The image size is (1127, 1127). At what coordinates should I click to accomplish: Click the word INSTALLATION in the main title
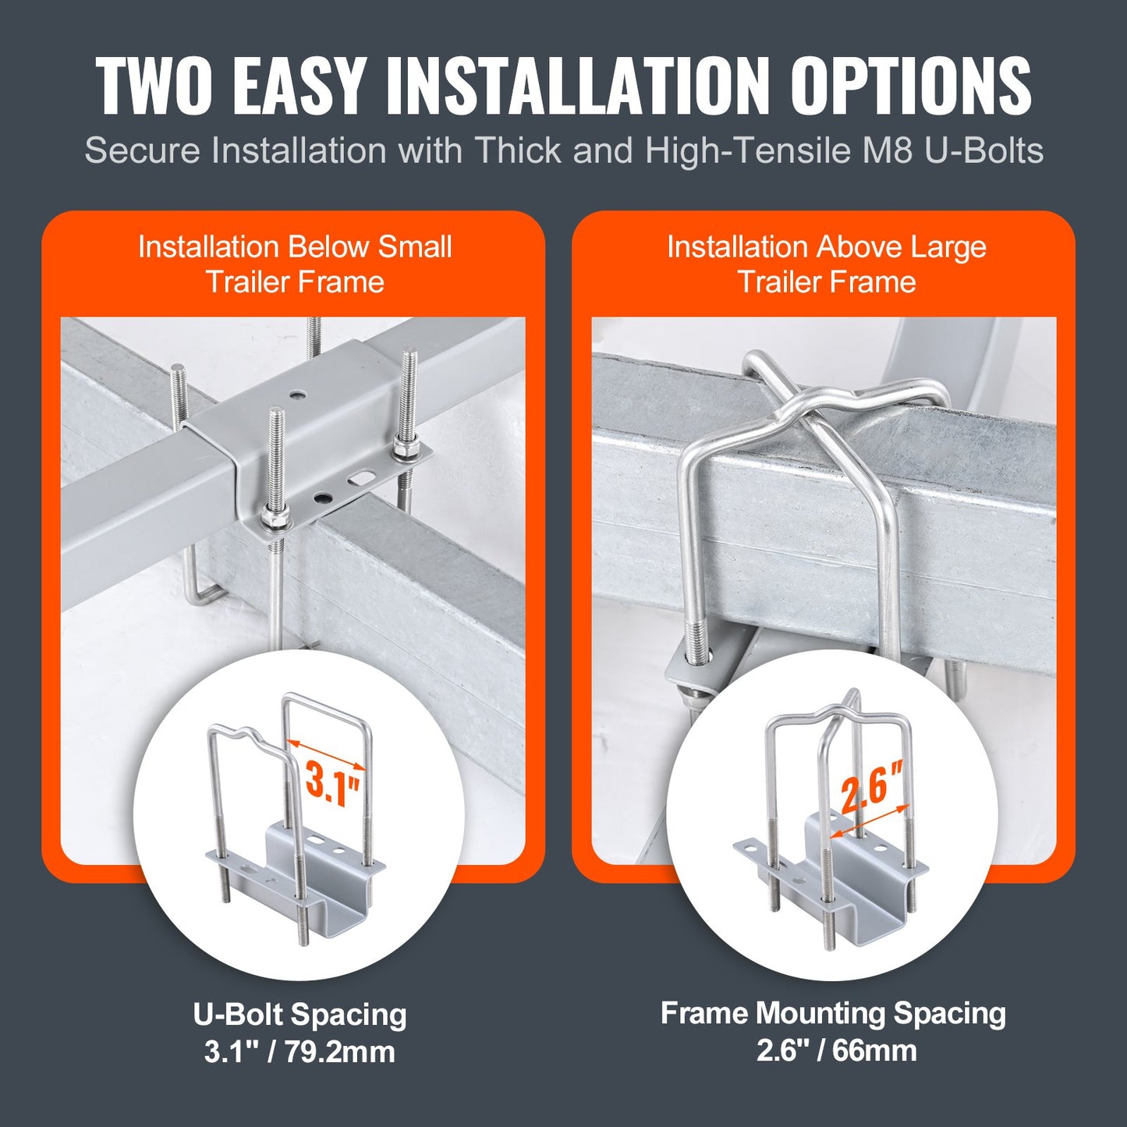[x=578, y=86]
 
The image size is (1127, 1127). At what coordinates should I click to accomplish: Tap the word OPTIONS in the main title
[x=911, y=86]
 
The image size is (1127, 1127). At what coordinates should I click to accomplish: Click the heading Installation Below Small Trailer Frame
[x=295, y=264]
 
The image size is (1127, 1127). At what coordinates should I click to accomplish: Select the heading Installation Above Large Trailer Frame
[x=827, y=264]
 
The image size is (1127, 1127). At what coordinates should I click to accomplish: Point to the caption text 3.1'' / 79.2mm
[x=299, y=1051]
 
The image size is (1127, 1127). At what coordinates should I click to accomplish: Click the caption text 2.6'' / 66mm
[x=836, y=1050]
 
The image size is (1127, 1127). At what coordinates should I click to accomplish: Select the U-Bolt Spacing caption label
[x=299, y=1015]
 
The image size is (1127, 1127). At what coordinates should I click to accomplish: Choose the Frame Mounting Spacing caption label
[x=833, y=1013]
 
